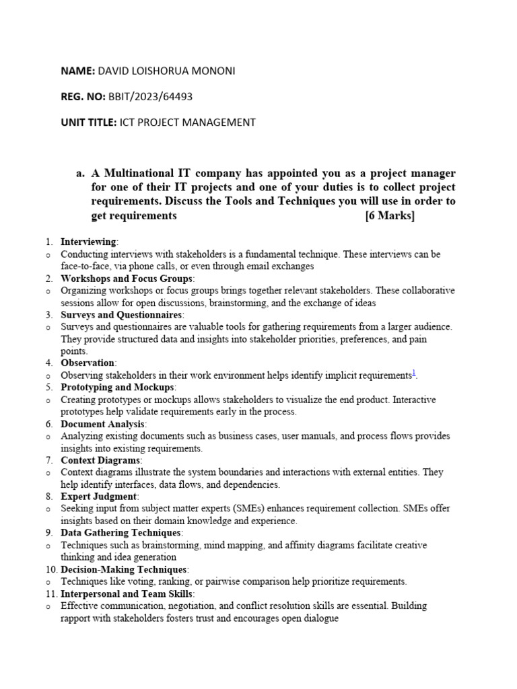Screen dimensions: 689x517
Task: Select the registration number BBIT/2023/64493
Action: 150,97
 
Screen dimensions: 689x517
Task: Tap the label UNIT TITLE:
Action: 88,122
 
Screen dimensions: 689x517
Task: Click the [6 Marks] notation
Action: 390,216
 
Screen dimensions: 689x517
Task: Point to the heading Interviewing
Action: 88,242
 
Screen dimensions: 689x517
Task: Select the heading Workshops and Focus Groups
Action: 127,279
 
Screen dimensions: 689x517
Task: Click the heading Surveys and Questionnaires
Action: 121,315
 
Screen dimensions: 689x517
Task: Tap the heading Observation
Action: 88,363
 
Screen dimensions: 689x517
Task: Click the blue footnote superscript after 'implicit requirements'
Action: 414,373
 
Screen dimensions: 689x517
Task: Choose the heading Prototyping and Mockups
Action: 118,388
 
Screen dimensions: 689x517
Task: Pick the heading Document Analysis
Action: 102,424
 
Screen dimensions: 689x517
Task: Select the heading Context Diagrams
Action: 101,460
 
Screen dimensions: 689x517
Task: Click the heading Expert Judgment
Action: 99,497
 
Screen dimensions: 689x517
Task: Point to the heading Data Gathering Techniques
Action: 121,533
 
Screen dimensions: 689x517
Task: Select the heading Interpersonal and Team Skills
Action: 127,593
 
